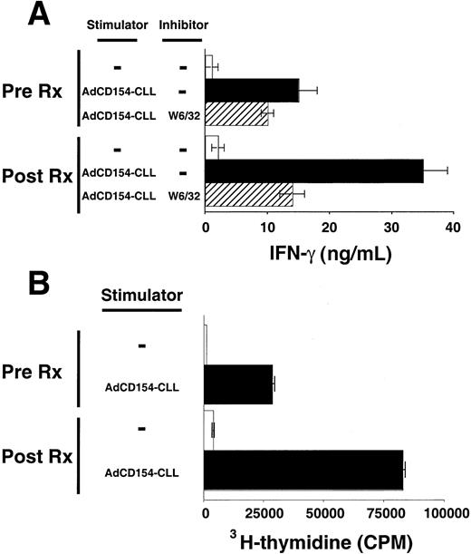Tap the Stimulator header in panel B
click(x=142, y=295)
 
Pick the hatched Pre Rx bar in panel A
click(x=236, y=113)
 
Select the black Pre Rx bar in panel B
click(x=238, y=384)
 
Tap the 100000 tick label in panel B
click(x=444, y=514)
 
